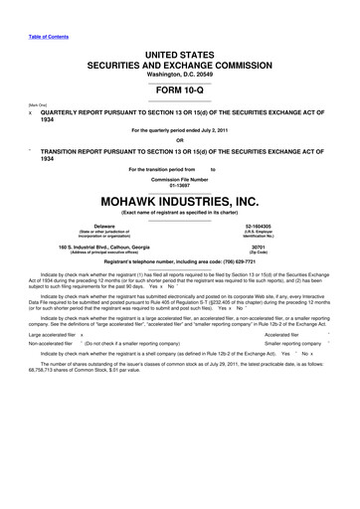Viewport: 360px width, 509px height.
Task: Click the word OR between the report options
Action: pos(179,138)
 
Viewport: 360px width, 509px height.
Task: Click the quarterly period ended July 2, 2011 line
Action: pos(179,130)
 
